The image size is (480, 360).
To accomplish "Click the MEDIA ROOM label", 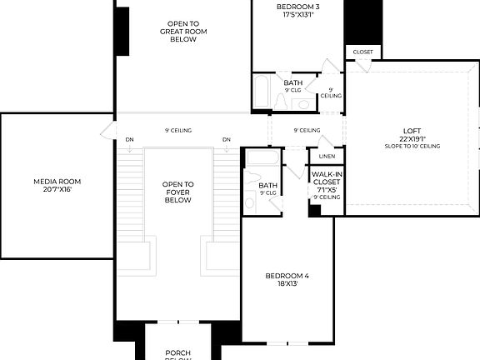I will [x=57, y=181].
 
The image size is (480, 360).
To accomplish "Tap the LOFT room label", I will [x=412, y=130].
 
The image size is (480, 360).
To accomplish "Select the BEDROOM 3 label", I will [x=297, y=7].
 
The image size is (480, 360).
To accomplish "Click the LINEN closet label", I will [x=326, y=156].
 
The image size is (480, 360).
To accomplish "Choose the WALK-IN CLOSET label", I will [x=326, y=177].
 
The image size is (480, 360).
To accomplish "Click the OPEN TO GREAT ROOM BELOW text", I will [x=183, y=32].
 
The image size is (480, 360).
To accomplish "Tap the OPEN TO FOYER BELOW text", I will [x=178, y=192].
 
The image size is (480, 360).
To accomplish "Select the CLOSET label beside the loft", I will [x=363, y=52].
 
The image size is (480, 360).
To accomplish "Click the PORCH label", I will [x=178, y=352].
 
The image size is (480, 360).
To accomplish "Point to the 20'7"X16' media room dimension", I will [x=57, y=189].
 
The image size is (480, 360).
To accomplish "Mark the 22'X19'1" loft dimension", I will [x=412, y=138].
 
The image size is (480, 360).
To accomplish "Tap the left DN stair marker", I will [x=129, y=139].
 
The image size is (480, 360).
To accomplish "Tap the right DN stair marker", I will [x=227, y=139].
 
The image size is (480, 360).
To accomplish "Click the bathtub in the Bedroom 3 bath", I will [x=262, y=93].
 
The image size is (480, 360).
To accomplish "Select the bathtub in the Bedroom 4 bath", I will [x=262, y=159].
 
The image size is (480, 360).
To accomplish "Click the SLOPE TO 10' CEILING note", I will [x=412, y=147].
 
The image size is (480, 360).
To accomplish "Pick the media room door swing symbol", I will [x=107, y=131].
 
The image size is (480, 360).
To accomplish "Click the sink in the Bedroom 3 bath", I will [x=302, y=104].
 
